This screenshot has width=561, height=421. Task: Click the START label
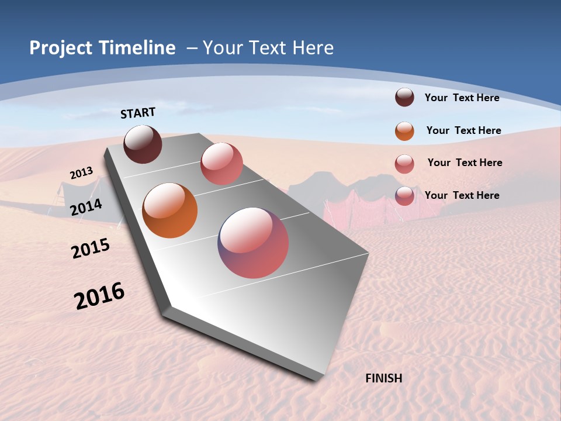pos(138,113)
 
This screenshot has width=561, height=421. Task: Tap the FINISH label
pos(383,378)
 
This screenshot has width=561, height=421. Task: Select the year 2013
pos(81,173)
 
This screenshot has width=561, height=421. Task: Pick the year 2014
pos(86,207)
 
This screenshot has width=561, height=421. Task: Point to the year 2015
pos(91,249)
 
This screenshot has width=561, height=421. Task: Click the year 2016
pos(99,296)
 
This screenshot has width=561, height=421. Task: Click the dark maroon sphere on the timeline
pos(143,144)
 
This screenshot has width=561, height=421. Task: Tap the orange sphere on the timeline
pos(169,210)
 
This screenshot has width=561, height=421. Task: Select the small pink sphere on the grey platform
pos(221,164)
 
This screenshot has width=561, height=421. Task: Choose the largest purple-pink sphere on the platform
pos(253,243)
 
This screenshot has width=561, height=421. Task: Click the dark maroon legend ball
pos(404,98)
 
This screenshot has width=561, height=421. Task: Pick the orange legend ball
pos(404,131)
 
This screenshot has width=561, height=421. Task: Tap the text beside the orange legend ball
pos(463,130)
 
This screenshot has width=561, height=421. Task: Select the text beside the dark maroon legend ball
pos(462,98)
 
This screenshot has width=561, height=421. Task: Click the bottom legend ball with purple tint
pos(404,196)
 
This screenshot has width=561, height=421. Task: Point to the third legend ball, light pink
pos(404,164)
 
